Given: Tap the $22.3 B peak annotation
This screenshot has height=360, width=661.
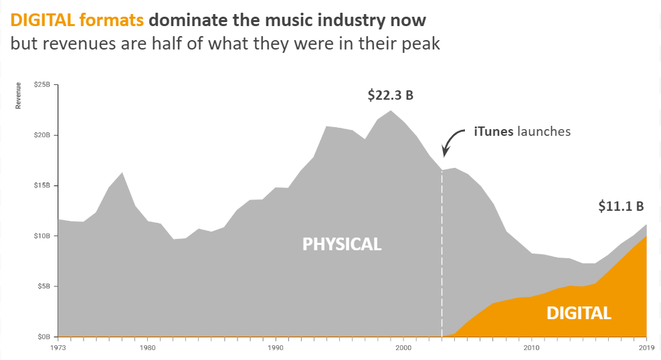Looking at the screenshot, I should tap(390, 96).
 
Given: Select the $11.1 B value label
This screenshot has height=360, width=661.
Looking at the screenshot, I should tap(621, 207).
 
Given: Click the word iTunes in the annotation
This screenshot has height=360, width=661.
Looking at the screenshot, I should tap(494, 131).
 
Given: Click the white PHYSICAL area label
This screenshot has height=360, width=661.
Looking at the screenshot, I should tap(342, 244).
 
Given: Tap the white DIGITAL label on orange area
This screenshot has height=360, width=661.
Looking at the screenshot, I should tap(579, 313).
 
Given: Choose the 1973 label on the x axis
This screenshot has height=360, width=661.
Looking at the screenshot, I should tap(58, 347).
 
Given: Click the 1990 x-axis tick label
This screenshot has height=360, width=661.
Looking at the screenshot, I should tap(274, 347).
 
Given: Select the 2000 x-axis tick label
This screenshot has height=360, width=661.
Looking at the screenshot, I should tap(403, 347).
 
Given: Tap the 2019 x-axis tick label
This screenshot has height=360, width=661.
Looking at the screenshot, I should tap(646, 347).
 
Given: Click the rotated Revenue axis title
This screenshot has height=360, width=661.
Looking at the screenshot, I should tap(19, 95).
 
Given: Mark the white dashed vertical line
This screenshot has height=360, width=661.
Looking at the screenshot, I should tap(442, 254).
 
